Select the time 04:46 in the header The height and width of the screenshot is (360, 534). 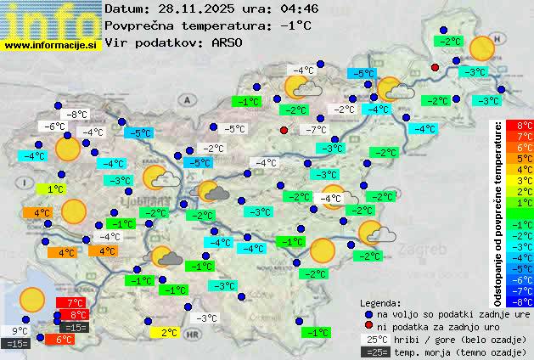point(296,8)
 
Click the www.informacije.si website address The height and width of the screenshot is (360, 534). point(51,44)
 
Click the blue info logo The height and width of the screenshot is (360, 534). point(51,20)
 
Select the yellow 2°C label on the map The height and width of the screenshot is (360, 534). point(167,333)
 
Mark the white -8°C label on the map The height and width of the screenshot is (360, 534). point(78,115)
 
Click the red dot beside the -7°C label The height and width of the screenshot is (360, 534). point(284,130)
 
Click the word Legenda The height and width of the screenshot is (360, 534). point(380,302)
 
